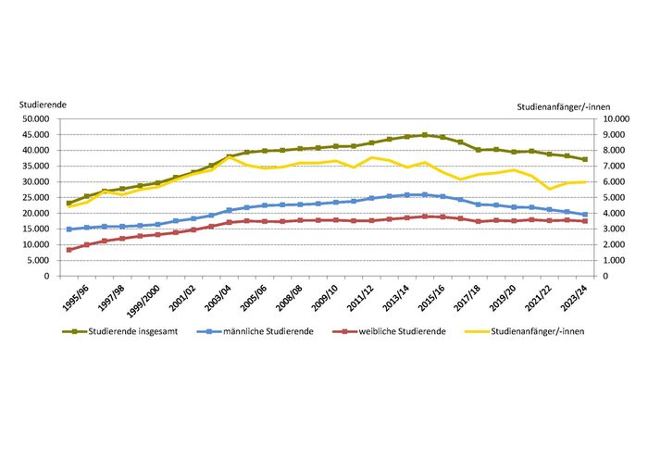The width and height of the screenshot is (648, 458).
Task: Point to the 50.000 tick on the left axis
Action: (x=33, y=119)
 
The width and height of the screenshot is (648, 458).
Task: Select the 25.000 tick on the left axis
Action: (x=33, y=198)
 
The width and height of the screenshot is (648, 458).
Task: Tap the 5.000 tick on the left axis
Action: (x=36, y=261)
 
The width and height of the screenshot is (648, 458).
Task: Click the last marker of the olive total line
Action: (x=585, y=159)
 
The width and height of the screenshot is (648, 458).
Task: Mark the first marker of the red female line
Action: (x=69, y=250)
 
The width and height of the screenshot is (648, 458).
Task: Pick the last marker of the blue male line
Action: (x=585, y=215)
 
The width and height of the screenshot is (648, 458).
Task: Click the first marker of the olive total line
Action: (x=69, y=203)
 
